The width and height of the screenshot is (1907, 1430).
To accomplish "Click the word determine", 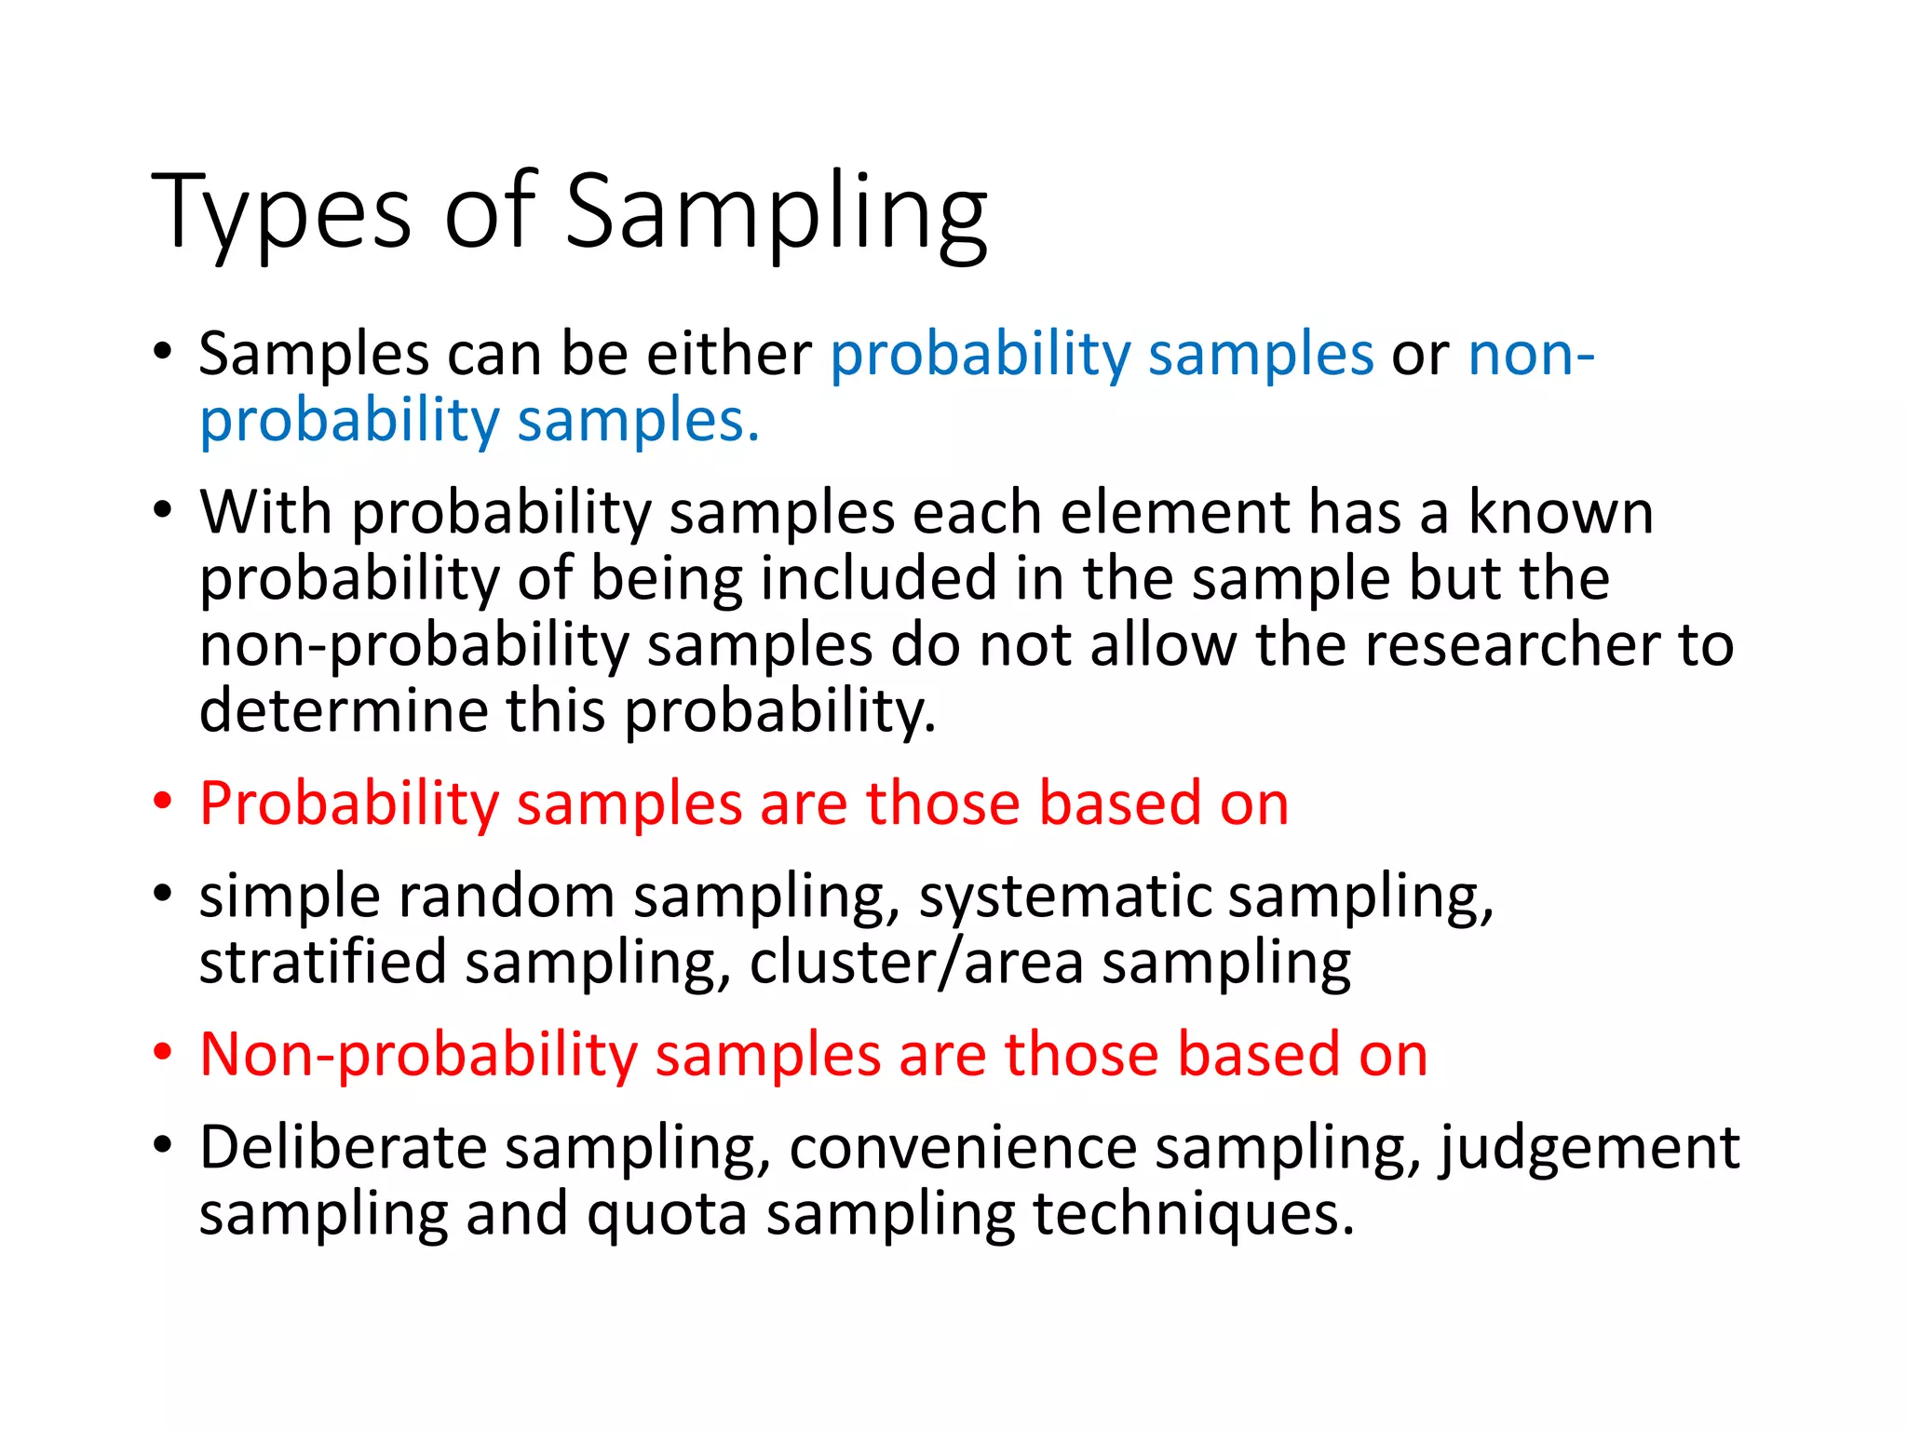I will (344, 710).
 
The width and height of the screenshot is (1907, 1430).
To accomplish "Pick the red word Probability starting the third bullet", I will (349, 803).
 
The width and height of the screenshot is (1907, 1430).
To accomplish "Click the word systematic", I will (1065, 897).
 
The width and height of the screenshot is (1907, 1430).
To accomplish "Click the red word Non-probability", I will (418, 1055).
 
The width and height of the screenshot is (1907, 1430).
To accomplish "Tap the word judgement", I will (1589, 1148).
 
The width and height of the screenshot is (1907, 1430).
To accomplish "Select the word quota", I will (667, 1214).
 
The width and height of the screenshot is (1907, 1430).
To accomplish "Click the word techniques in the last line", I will (1193, 1214).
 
